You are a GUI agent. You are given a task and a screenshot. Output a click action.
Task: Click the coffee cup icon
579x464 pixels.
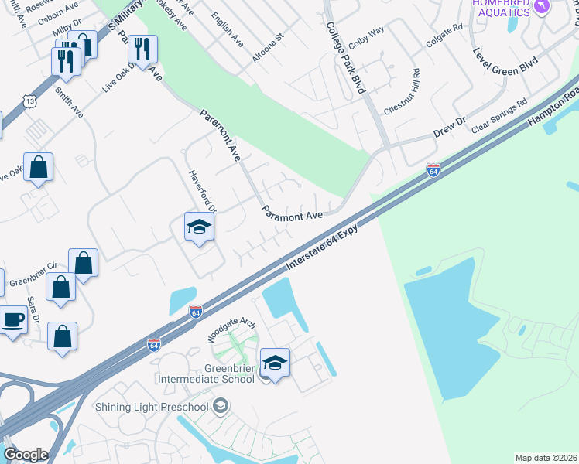tap(12, 320)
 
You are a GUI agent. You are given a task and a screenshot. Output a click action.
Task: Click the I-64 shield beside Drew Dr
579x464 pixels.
tap(433, 169)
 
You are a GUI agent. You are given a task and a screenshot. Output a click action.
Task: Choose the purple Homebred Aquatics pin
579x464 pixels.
tap(543, 6)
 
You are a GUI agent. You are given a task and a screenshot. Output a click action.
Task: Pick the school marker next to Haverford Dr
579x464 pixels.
tap(199, 227)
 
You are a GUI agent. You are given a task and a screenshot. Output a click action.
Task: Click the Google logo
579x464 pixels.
tap(26, 455)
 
